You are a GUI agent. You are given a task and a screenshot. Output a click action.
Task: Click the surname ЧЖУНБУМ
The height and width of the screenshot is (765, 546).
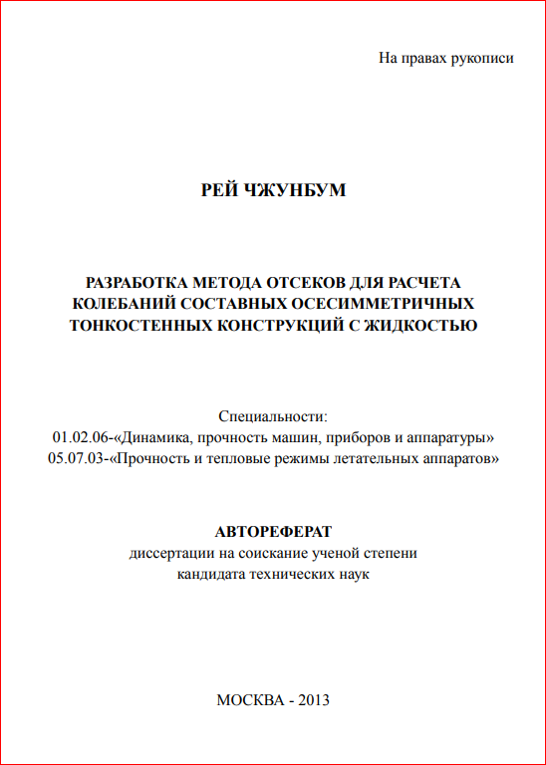[x=295, y=189]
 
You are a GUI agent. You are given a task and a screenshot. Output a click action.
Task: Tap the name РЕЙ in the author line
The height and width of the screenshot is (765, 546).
[x=219, y=189]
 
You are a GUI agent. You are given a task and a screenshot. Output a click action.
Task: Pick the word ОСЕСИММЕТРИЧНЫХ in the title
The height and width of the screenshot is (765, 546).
[x=384, y=303]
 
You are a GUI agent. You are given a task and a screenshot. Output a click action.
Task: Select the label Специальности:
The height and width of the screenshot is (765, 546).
[x=272, y=416]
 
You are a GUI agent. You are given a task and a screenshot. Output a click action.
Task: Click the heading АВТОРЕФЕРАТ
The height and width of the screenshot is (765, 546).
[x=273, y=532]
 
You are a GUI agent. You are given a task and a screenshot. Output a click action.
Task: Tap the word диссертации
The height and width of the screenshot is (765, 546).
[x=166, y=553]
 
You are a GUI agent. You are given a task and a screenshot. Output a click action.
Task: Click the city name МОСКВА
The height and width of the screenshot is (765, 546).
[x=249, y=699]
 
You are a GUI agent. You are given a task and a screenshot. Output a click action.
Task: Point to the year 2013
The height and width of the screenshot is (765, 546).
[x=312, y=699]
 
